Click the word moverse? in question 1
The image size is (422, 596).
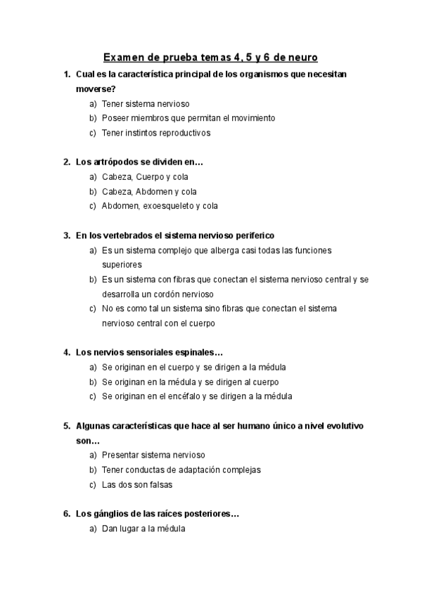(x=96, y=89)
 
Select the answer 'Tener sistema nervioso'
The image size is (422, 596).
(x=145, y=103)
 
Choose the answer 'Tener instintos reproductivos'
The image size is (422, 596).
(x=155, y=132)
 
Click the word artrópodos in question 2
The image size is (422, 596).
(x=115, y=162)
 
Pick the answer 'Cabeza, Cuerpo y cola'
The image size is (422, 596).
(x=145, y=176)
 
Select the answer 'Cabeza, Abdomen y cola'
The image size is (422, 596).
(x=149, y=191)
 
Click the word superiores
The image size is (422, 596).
(x=122, y=264)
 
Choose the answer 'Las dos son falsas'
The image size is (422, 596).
(x=137, y=484)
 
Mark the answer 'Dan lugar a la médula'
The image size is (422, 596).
(x=143, y=529)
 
